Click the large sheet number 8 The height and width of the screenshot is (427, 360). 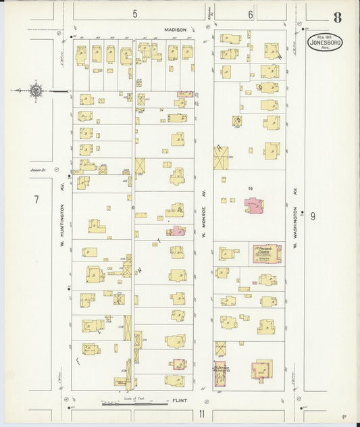pos(337,17)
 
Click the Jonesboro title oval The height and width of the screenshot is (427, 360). pos(325,43)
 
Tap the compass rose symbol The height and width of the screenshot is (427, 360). pos(36,90)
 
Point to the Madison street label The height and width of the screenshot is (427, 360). pos(176,30)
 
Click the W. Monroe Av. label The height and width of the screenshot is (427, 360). pos(203,216)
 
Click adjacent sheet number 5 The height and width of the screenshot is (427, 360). pos(134,14)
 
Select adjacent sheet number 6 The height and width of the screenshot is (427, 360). pos(250,14)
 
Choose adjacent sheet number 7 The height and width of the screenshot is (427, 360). pos(37,199)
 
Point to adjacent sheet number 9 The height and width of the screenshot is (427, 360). pos(313,216)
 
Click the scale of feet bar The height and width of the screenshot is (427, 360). pos(135,404)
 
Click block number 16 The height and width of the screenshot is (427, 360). pos(250,189)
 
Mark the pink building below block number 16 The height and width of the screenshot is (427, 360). pos(254,206)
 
